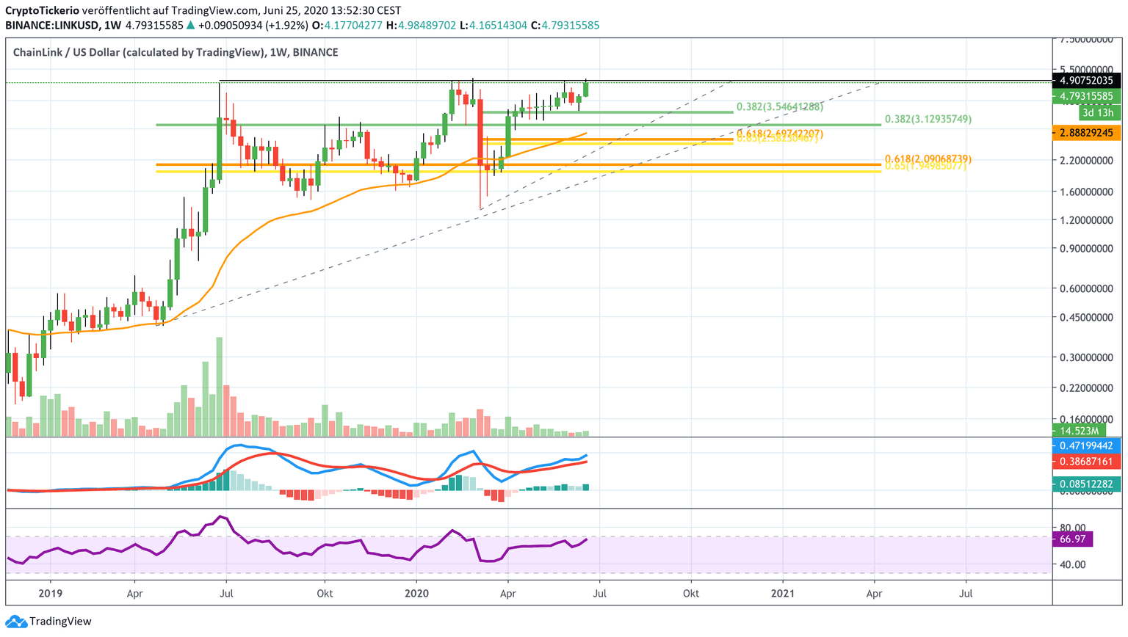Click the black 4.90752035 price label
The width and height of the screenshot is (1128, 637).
[1086, 81]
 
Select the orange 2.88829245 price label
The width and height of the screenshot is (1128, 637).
[1086, 133]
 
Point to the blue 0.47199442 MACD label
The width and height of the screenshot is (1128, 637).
[1086, 445]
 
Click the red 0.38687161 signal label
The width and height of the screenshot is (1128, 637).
[1086, 462]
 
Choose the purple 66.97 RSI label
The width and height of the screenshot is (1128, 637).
[1073, 539]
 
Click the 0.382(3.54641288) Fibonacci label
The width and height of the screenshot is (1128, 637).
[780, 106]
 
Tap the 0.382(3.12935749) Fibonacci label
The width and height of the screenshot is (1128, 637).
[928, 119]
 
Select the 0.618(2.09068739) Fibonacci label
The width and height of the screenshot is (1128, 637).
[928, 159]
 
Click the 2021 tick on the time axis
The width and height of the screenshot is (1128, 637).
[783, 593]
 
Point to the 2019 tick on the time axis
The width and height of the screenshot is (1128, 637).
[50, 593]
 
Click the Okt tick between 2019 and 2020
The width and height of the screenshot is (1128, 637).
[324, 593]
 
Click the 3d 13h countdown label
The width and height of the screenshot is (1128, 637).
[1098, 112]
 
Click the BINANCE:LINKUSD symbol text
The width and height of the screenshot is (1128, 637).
[52, 25]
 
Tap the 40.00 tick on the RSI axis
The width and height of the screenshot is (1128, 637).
[1073, 564]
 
